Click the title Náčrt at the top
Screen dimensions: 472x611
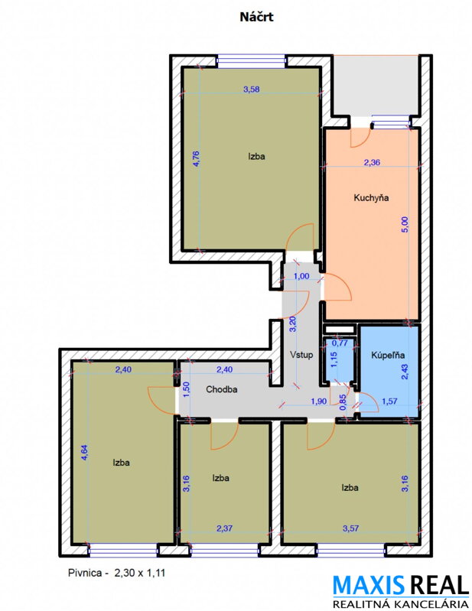coord(256,17)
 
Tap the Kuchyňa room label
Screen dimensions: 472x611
coord(371,197)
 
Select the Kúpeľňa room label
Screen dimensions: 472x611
coord(387,355)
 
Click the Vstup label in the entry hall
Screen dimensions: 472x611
coord(301,355)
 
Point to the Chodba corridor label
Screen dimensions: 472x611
coord(221,389)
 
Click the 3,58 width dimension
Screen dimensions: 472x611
coord(252,89)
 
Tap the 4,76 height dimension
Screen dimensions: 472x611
coord(196,158)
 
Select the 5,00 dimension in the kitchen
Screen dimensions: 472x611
coord(405,225)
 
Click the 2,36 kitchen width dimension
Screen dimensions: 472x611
coord(372,162)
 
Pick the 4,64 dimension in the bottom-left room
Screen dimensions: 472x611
coord(85,453)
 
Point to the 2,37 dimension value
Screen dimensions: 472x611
coord(224,528)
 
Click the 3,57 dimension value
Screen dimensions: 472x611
coord(350,528)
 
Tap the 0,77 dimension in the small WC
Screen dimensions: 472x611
coord(339,343)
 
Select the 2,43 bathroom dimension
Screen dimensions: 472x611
coord(405,372)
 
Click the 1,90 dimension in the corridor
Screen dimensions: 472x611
coord(318,401)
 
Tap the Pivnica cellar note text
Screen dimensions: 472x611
coord(116,573)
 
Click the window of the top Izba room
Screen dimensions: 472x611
coord(252,61)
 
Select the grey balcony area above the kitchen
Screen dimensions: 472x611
coord(376,86)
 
